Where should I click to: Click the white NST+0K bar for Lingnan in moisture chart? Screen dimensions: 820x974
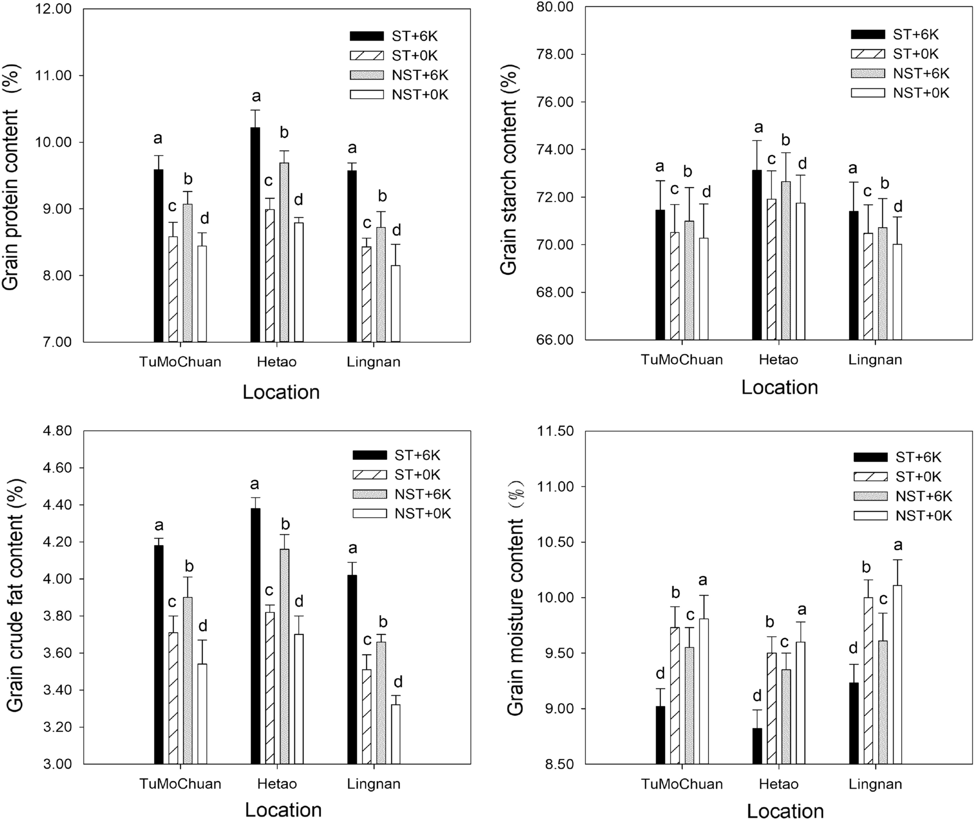tap(897, 674)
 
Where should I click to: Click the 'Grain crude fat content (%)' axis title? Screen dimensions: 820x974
tap(16, 597)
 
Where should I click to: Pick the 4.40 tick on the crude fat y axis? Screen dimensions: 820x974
tap(54, 505)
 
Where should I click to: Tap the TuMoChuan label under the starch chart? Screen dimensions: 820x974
tap(682, 360)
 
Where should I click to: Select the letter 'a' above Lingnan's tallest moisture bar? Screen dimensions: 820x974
tap(898, 545)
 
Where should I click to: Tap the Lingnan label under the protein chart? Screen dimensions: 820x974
tap(373, 362)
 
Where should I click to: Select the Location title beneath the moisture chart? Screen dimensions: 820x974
tap(785, 811)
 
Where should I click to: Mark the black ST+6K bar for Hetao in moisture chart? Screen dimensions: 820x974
tap(757, 746)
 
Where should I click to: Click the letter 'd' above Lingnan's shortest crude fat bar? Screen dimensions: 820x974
tap(398, 683)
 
